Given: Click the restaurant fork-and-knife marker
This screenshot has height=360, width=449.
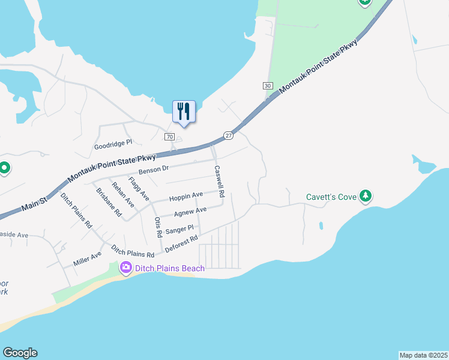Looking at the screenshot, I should click(x=184, y=112).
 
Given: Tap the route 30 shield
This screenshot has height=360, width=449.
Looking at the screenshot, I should click(x=268, y=86).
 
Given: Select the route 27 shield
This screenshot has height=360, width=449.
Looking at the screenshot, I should click(x=228, y=136).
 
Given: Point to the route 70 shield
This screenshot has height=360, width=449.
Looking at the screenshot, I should click(x=170, y=137).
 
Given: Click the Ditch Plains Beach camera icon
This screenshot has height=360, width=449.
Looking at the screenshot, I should click(x=126, y=268).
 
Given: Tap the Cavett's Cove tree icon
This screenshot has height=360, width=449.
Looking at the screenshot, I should click(x=365, y=196).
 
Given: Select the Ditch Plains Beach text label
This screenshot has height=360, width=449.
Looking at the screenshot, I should click(x=169, y=268).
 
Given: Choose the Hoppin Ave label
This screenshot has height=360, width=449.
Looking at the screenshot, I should click(x=185, y=196).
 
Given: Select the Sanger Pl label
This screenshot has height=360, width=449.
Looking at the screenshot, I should click(x=179, y=229).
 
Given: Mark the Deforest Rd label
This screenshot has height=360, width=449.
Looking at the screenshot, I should click(x=181, y=243).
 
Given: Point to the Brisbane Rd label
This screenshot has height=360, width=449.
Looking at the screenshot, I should click(x=109, y=202).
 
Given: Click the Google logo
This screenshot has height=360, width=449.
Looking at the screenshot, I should click(x=20, y=353).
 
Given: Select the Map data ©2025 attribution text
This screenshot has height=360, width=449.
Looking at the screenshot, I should click(x=423, y=355).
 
